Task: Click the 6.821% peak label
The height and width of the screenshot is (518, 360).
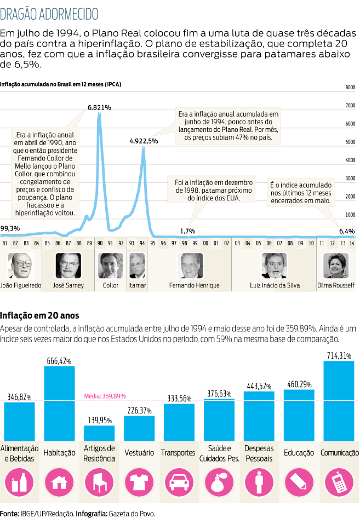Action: pos(99,107)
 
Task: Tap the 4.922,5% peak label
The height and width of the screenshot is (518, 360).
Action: pos(144,141)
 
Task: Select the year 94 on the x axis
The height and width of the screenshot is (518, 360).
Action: pos(142,242)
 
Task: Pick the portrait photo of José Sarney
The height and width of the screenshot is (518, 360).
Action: pos(68,266)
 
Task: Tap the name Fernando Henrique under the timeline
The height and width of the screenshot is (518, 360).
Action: pos(194,285)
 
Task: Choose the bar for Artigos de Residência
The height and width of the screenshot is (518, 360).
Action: pos(99,433)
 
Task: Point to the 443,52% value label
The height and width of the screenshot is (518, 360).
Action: pos(259,387)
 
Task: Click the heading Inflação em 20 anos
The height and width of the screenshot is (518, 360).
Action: pos(40,315)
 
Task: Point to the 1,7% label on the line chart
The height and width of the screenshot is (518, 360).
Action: pos(187,231)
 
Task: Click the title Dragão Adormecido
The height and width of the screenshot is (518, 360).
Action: pos(50,13)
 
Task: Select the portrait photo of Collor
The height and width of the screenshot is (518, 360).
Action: pos(110,266)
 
